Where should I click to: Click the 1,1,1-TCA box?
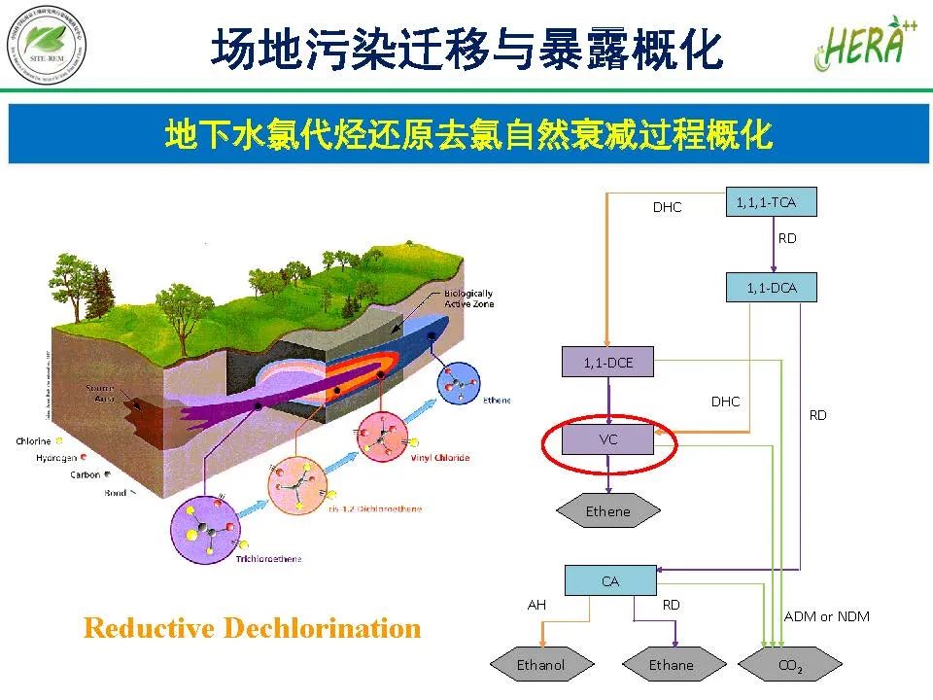click(772, 202)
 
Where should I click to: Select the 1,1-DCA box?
click(772, 288)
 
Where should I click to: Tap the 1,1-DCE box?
click(607, 363)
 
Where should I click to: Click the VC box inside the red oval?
click(608, 439)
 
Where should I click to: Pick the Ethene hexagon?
click(607, 511)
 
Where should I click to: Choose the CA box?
click(609, 581)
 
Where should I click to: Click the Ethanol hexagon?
click(540, 665)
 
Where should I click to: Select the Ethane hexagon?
click(672, 665)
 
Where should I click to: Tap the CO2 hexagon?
click(790, 666)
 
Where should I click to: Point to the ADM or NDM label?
click(826, 616)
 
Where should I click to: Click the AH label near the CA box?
click(536, 605)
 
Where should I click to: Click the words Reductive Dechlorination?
click(253, 628)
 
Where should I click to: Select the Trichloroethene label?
click(268, 559)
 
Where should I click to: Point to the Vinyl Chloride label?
click(439, 457)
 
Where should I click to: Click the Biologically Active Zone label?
click(468, 297)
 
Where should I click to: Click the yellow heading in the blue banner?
click(468, 135)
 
